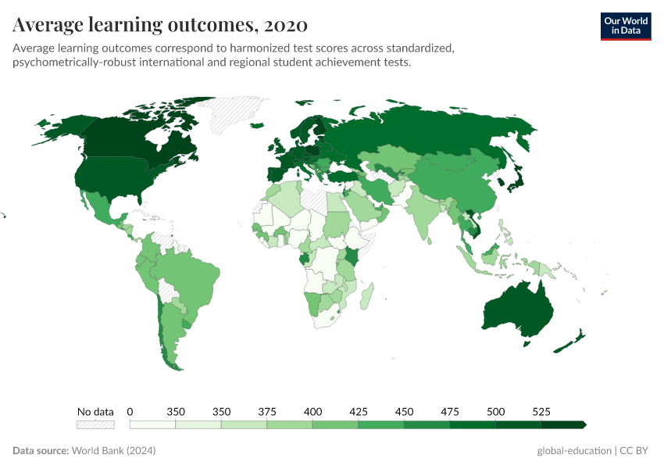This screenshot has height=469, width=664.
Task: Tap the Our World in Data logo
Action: click(625, 26)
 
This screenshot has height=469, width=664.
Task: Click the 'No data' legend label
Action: click(95, 411)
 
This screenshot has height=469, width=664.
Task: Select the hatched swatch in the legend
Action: click(95, 424)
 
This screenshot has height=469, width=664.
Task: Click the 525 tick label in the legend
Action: click(541, 411)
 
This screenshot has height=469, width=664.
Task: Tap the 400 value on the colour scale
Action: click(312, 411)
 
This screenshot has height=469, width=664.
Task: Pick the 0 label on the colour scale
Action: click(130, 411)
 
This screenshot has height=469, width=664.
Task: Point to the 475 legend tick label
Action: click(450, 411)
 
